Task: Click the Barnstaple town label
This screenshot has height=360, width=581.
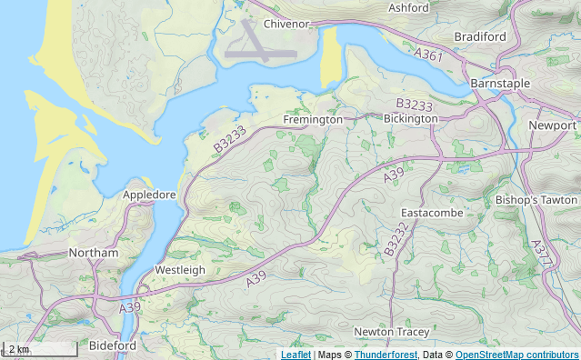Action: [x=500, y=83]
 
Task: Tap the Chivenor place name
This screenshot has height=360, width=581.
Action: [x=288, y=24]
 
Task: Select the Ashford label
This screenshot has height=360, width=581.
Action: [x=408, y=8]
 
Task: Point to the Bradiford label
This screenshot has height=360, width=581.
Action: [x=480, y=36]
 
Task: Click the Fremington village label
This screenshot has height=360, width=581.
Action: [x=313, y=119]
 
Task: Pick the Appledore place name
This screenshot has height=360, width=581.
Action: [x=149, y=195]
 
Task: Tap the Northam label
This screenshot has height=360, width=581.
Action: [x=94, y=253]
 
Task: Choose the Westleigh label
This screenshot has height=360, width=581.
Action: [x=180, y=270]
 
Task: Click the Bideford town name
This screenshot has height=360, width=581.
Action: [x=113, y=345]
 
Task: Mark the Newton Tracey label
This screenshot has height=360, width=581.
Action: [x=392, y=332]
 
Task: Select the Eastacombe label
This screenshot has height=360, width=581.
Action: [x=432, y=213]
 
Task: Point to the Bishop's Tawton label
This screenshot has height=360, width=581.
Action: [x=536, y=199]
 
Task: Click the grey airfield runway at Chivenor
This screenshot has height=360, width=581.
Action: [x=260, y=53]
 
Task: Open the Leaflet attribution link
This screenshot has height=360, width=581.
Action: [x=296, y=354]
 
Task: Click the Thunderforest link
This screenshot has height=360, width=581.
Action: [x=385, y=354]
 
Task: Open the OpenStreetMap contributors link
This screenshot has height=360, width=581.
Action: [x=516, y=354]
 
